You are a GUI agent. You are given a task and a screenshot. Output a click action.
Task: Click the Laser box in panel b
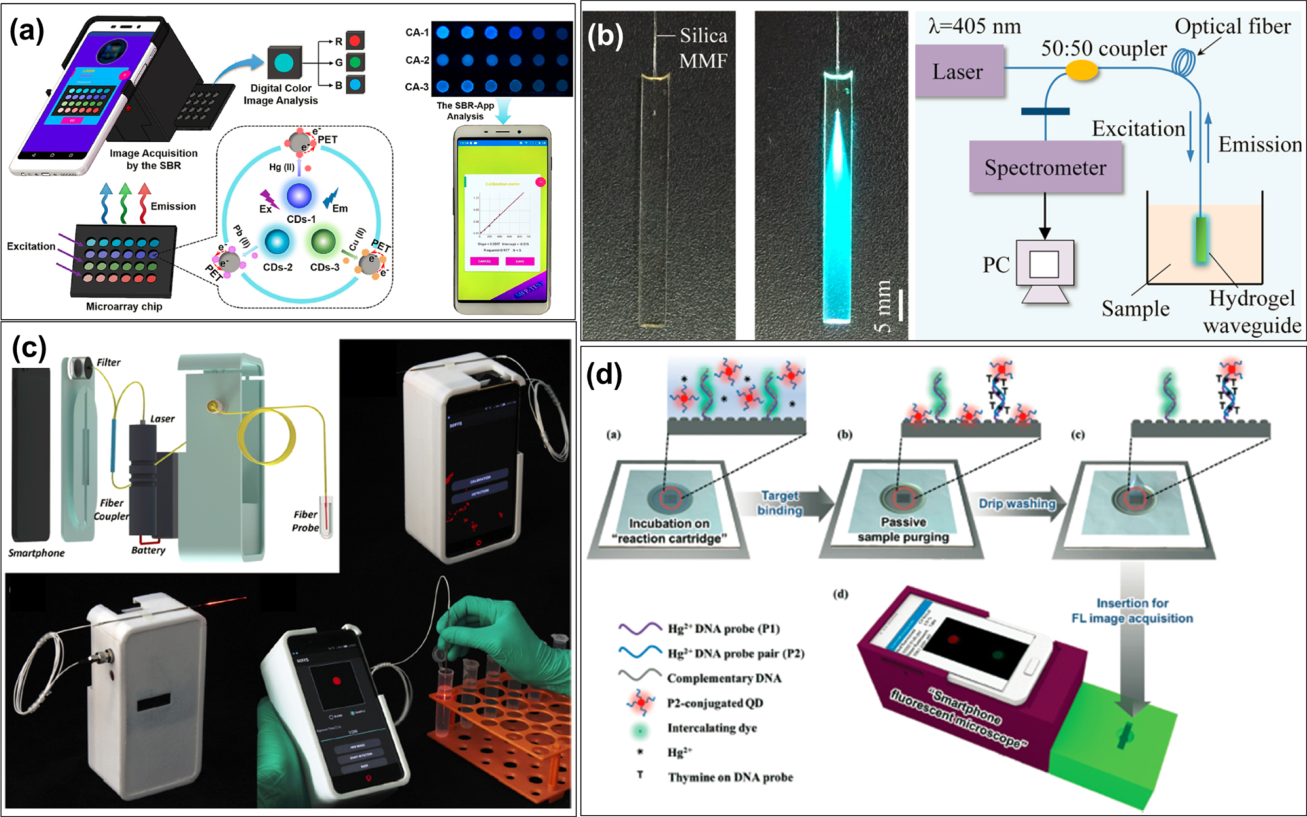pos(958,71)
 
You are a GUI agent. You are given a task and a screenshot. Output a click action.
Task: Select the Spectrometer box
pos(1045,167)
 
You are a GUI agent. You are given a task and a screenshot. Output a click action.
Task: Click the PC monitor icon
pos(1044,265)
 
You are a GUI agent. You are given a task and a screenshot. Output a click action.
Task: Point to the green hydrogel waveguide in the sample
pos(1200,239)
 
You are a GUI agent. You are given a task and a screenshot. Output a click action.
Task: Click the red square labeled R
pos(355,41)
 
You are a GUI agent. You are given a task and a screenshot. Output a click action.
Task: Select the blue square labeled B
pos(355,84)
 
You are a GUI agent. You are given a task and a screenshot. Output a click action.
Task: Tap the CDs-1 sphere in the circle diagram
pos(299,196)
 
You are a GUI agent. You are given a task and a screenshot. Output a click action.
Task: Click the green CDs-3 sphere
pos(324,242)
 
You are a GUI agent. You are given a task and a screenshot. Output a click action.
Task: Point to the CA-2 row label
pos(417,60)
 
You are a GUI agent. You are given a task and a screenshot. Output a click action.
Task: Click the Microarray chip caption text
pos(124,306)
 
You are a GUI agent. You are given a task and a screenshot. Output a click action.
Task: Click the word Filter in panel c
pos(108,362)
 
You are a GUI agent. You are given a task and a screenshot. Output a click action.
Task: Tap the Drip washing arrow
pos(1017,503)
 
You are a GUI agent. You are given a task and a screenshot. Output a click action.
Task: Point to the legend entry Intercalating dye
pos(712,728)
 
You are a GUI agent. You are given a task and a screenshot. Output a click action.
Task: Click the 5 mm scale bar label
pos(885,306)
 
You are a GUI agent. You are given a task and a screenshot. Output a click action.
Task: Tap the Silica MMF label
pos(703,48)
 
